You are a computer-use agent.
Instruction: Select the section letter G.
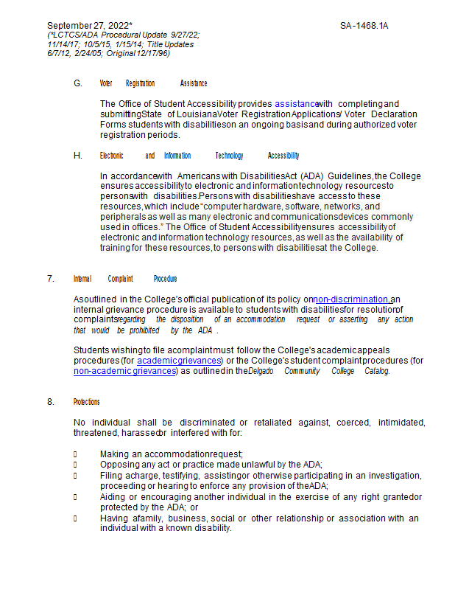pos(78,83)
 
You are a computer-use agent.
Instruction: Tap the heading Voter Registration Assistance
pos(153,83)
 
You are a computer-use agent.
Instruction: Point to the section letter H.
pos(78,156)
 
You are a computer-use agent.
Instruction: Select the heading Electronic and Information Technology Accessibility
pos(200,156)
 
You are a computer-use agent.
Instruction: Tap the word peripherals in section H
pos(122,218)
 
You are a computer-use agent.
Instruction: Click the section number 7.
pos(50,279)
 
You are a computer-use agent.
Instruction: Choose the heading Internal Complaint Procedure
pos(124,279)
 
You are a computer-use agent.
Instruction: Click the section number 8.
pos(50,402)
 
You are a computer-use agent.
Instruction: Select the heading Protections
pos(86,402)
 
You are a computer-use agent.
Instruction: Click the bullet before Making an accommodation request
pos(75,454)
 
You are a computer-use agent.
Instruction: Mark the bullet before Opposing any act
pos(75,464)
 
